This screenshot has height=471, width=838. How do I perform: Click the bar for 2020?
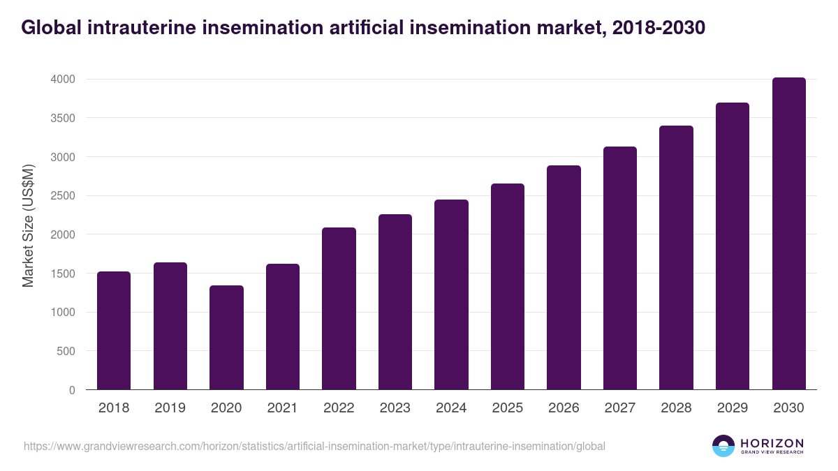click(226, 338)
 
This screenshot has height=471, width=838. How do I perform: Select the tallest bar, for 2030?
click(788, 234)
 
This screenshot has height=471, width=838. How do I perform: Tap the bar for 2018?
click(114, 331)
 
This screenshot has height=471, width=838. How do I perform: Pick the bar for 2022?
click(339, 308)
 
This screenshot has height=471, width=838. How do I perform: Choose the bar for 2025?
click(508, 287)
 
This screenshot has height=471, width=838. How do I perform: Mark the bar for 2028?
click(676, 257)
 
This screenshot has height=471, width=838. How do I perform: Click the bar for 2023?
click(395, 302)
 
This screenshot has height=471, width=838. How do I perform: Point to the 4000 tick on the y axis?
click(62, 79)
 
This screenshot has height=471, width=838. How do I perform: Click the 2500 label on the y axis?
click(62, 195)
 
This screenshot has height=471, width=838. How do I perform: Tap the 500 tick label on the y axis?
click(66, 351)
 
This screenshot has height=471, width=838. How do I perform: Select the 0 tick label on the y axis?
click(72, 390)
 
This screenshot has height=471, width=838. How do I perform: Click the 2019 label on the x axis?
click(170, 408)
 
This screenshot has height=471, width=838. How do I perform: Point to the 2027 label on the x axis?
click(619, 408)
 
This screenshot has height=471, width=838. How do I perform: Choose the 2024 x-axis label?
click(451, 408)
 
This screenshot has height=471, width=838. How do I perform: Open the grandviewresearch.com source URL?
click(314, 446)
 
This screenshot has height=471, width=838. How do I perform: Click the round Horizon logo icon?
click(723, 446)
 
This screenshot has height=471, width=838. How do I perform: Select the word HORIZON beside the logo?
click(772, 442)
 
